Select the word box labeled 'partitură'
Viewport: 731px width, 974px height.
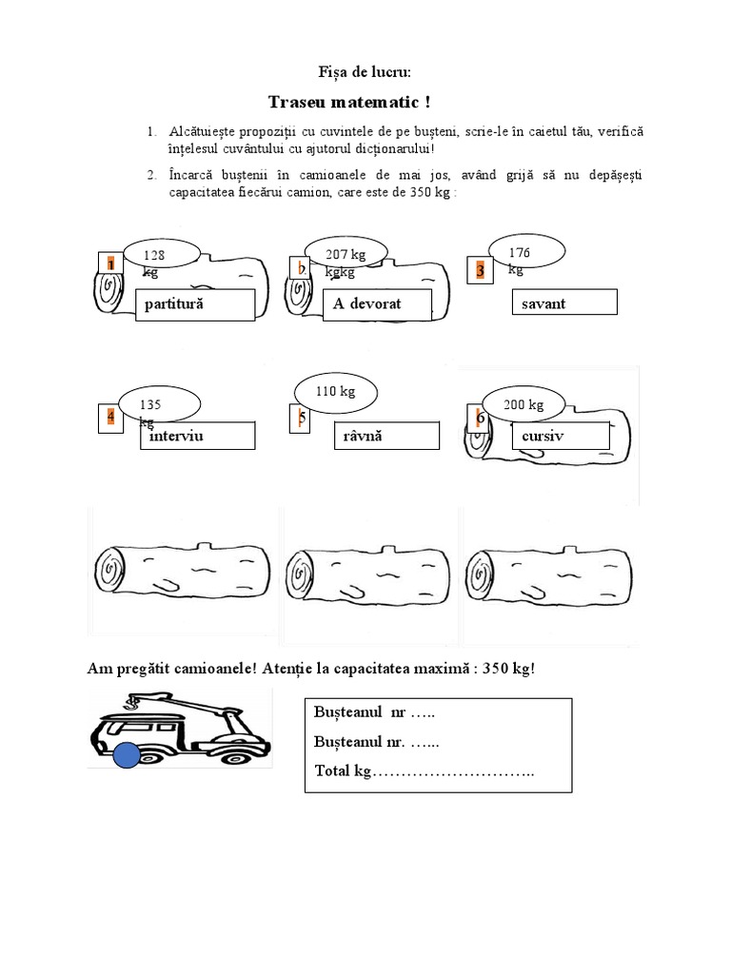point(195,304)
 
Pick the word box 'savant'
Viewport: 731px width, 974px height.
point(564,302)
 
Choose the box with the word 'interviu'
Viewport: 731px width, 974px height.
point(197,436)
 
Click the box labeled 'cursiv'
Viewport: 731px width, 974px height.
point(560,436)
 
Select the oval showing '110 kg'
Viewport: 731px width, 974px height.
point(335,390)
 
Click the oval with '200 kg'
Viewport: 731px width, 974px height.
point(524,404)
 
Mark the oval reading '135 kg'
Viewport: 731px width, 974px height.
point(161,405)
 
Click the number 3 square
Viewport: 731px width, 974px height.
point(481,271)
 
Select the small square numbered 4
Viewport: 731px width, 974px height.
point(110,418)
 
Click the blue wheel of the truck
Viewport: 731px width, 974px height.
point(128,757)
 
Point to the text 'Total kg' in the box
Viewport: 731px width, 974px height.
point(342,770)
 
